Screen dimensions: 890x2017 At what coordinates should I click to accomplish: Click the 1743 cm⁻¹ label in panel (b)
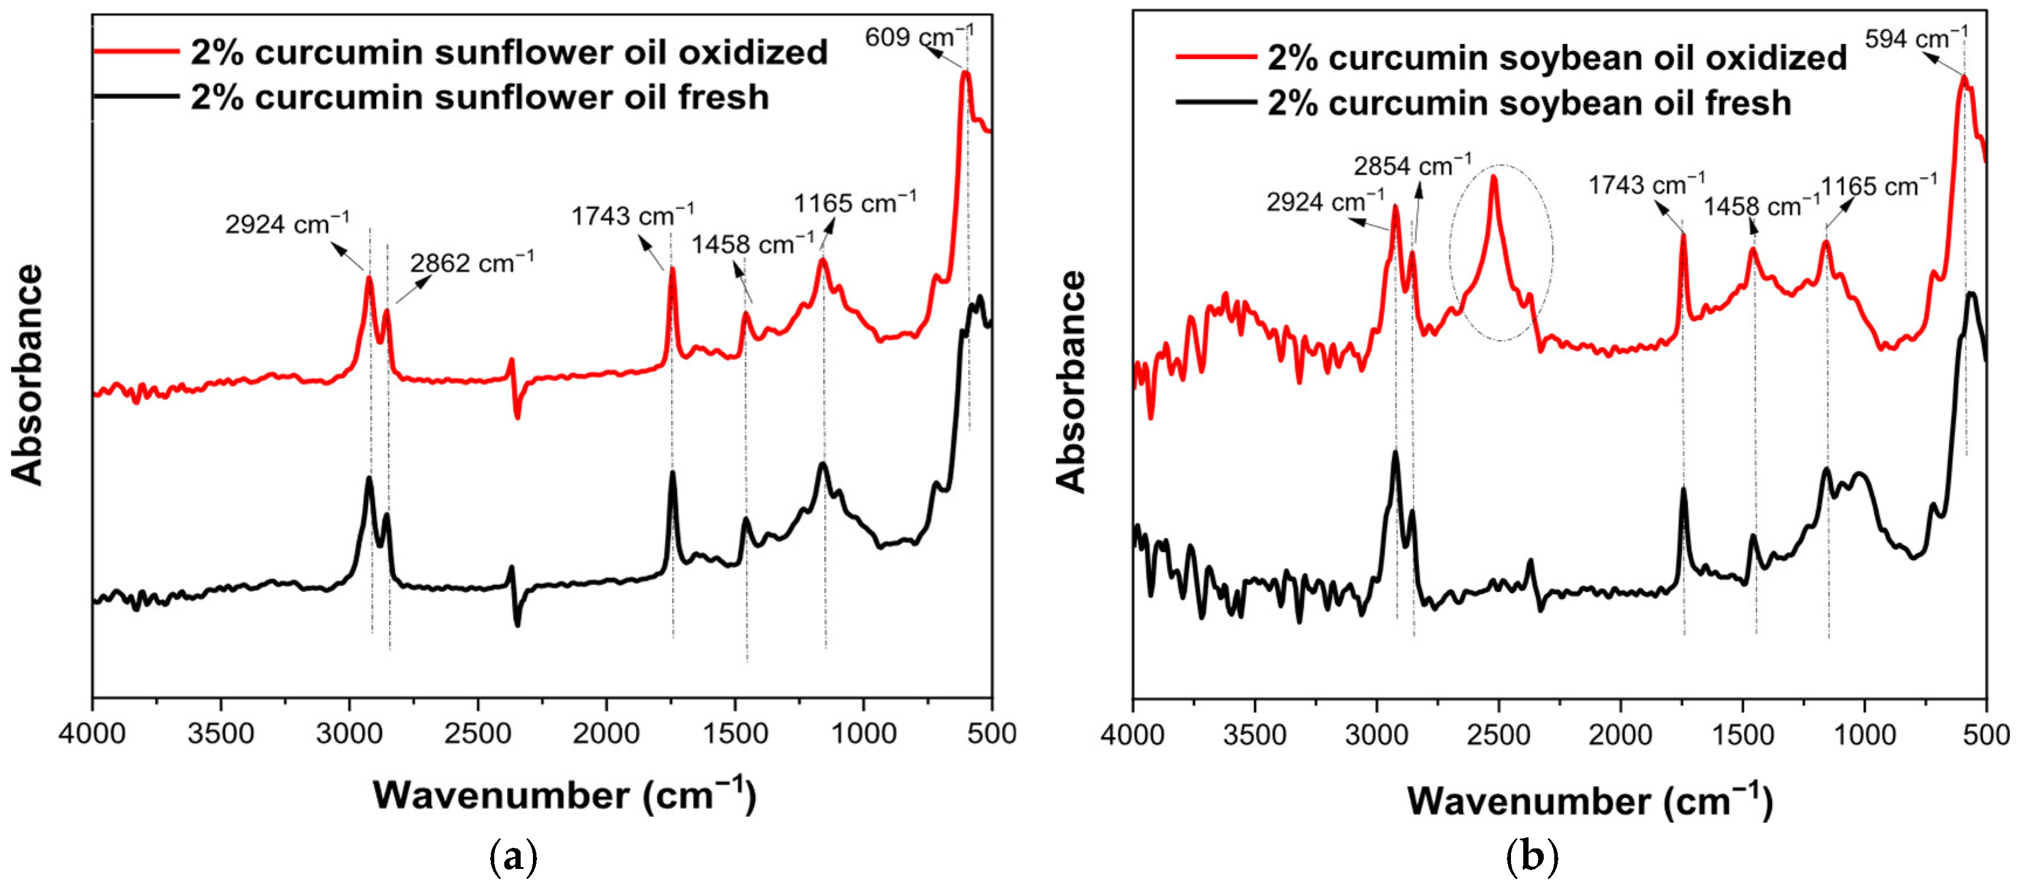1646,186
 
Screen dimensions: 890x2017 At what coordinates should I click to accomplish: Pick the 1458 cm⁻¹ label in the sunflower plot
752,244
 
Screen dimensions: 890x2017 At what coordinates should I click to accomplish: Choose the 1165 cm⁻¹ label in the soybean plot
1878,186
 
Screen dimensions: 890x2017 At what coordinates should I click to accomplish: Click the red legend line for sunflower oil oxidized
137,52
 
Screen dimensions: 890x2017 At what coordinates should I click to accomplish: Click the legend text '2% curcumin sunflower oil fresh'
479,97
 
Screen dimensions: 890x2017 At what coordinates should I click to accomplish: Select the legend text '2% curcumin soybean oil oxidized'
1557,58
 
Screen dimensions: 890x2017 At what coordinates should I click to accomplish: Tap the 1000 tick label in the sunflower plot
863,734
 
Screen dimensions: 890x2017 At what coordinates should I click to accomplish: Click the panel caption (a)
513,857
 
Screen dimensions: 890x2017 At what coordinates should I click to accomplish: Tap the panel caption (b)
1532,857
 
